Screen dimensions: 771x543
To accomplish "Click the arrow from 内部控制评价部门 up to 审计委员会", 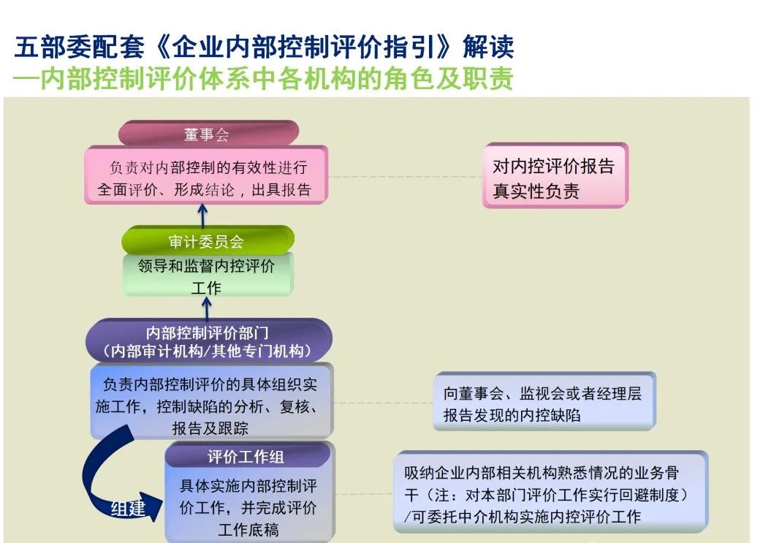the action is coord(207,308).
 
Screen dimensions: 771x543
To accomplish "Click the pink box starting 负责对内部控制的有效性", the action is coord(205,176).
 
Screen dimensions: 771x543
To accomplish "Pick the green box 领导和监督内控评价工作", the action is coord(208,276).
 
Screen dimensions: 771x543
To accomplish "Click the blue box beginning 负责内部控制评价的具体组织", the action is coord(210,403).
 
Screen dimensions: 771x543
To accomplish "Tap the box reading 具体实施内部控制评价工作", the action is coord(248,506).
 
